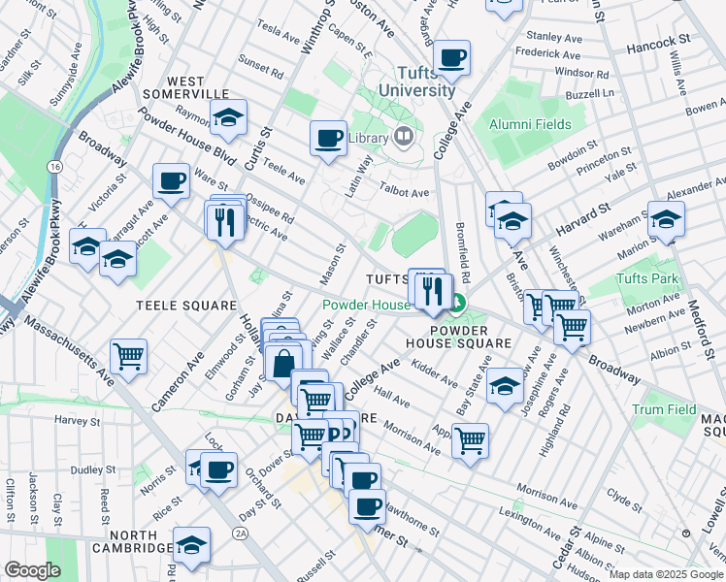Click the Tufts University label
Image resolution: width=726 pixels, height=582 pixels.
point(425,81)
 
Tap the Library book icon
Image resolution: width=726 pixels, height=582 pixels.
point(403,137)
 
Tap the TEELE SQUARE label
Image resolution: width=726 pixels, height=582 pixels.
point(186,305)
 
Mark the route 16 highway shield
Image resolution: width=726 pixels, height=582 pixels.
point(56,167)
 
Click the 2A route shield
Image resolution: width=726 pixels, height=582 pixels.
point(241,533)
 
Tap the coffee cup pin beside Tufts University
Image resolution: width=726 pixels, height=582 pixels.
point(451,57)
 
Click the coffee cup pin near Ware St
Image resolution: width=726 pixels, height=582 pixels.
point(171,180)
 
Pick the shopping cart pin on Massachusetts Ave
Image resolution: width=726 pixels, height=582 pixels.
point(128,357)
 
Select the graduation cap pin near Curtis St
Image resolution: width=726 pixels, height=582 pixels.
point(228,116)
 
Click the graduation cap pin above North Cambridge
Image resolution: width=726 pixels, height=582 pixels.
point(191,544)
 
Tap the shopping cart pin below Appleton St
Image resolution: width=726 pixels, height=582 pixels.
point(470,440)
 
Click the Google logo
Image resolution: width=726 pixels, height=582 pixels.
point(32,570)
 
